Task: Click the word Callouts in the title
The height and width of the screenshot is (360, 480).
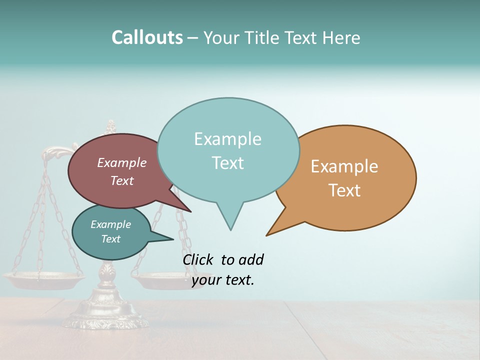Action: click(147, 37)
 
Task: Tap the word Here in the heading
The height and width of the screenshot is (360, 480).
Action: click(341, 37)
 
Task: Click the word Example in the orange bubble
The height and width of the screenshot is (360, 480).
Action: click(344, 166)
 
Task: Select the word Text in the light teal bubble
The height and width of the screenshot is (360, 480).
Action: click(228, 163)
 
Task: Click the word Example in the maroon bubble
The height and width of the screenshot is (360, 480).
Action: click(122, 163)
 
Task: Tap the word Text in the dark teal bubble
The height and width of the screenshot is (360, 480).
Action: click(111, 239)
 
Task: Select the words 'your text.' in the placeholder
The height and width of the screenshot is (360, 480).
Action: click(223, 280)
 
